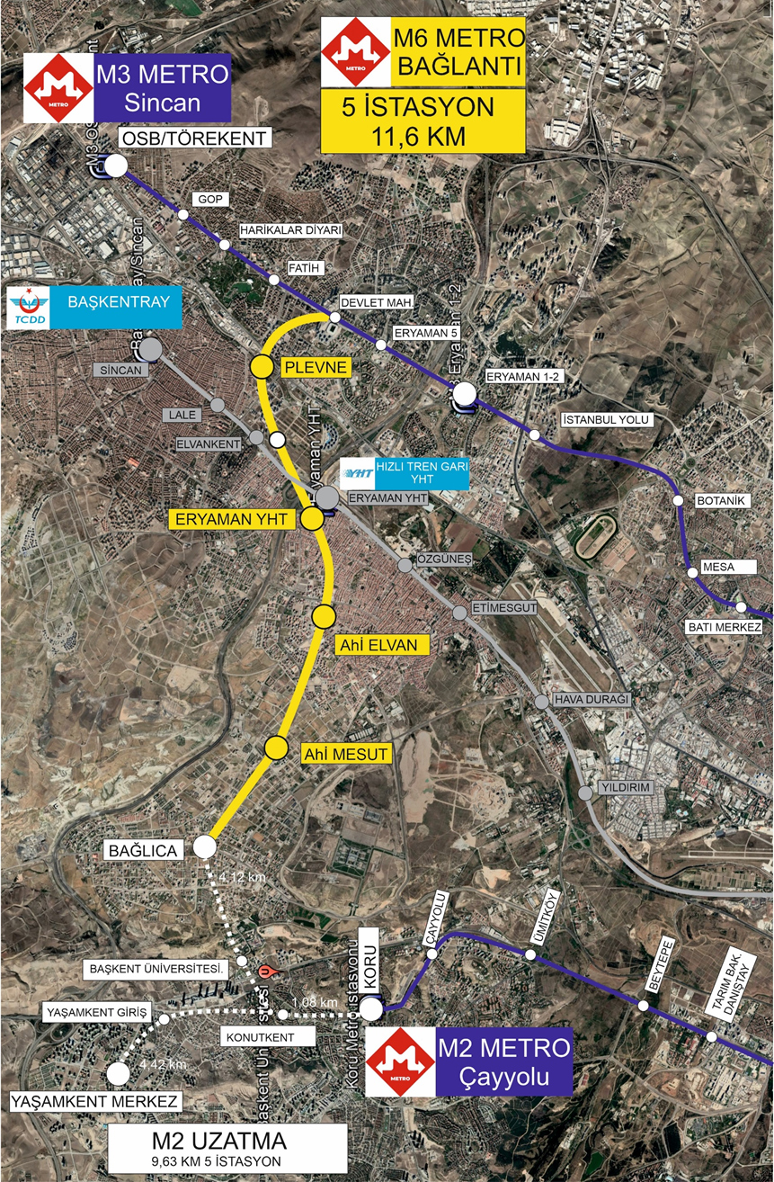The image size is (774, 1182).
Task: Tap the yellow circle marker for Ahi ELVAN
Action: [324, 615]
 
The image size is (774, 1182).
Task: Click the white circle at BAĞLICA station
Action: [204, 846]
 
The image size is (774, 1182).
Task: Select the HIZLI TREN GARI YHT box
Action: [405, 471]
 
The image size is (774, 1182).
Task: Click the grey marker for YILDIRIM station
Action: [586, 792]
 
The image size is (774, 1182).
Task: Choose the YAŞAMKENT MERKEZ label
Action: [96, 1101]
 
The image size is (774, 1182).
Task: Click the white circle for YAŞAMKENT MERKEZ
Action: [116, 1073]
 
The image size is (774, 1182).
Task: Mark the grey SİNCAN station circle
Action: [151, 349]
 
